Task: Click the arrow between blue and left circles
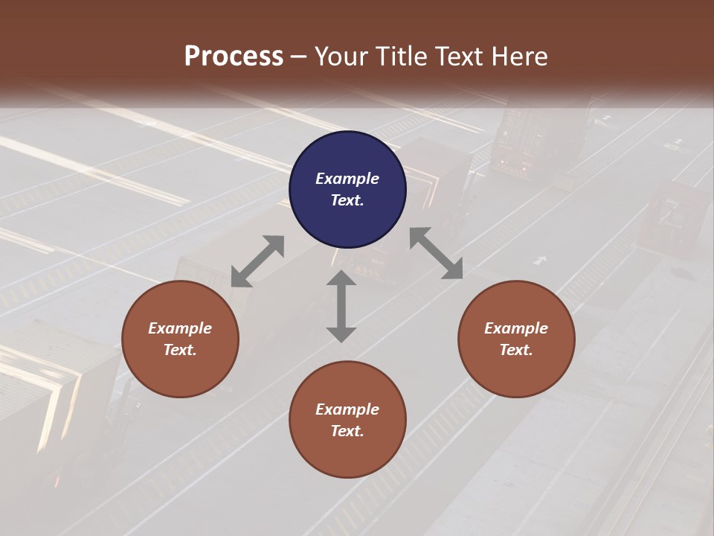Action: point(257,261)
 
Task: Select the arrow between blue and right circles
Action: point(437,253)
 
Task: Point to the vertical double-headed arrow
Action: point(341,306)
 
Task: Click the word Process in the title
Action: point(234,56)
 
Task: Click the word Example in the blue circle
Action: point(347,179)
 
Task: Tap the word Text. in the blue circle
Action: point(347,200)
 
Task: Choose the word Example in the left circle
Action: point(180,328)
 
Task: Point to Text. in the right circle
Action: point(516,350)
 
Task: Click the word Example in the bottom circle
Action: point(347,409)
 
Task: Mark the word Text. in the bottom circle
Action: point(347,431)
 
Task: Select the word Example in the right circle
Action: point(516,328)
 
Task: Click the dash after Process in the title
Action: point(299,57)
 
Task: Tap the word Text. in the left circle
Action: point(180,350)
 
